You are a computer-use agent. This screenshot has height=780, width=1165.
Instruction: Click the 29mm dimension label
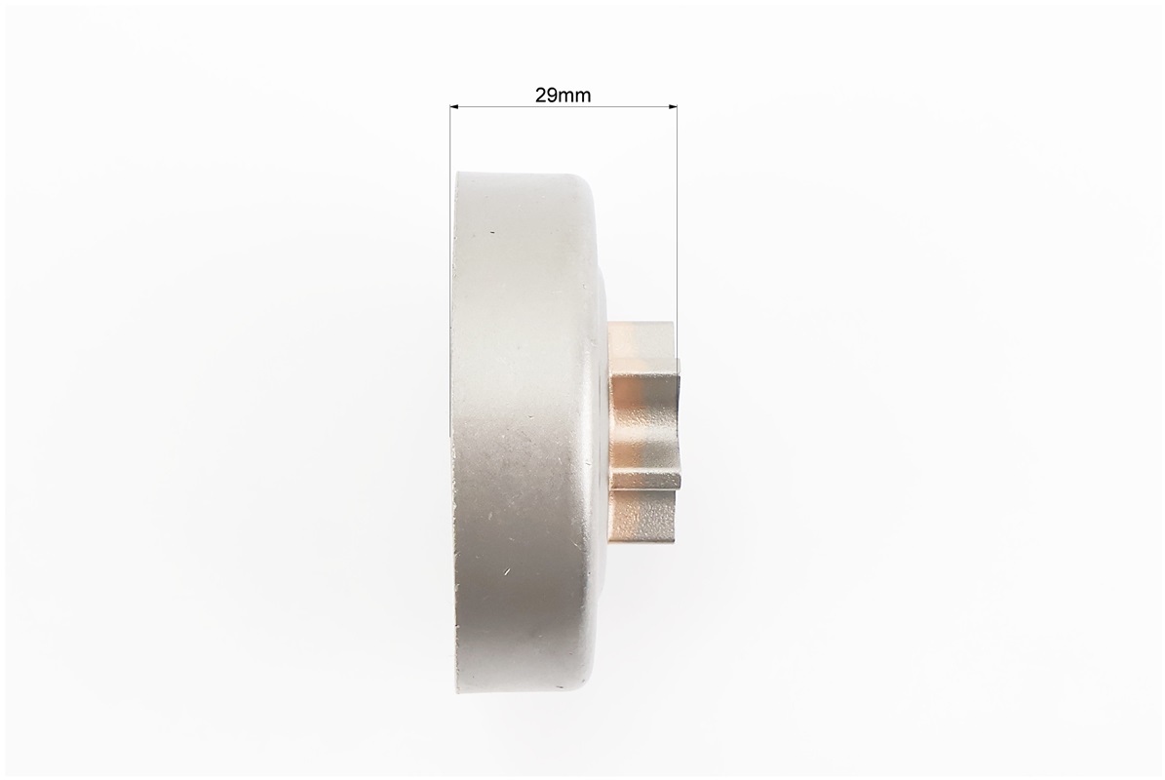[563, 96]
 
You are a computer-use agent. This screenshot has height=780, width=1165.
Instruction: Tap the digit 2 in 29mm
[540, 96]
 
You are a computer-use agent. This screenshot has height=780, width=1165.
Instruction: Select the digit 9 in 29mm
[551, 96]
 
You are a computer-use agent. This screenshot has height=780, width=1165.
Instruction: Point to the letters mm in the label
[574, 97]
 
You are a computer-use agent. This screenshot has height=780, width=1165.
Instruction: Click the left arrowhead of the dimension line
[455, 107]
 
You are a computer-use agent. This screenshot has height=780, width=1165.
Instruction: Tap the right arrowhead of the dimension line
[672, 107]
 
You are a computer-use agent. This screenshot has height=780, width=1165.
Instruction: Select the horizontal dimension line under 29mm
[563, 107]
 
